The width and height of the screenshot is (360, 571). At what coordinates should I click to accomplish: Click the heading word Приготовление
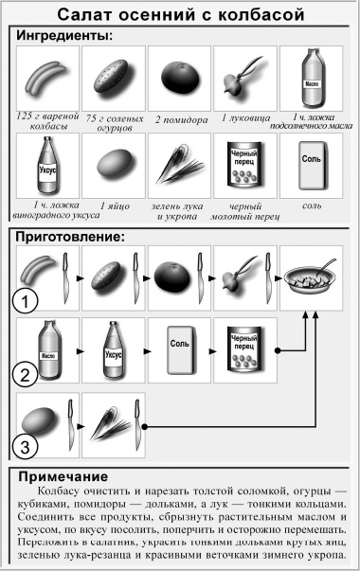coord(72,236)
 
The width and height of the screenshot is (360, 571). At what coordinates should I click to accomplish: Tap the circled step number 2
coord(26,374)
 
